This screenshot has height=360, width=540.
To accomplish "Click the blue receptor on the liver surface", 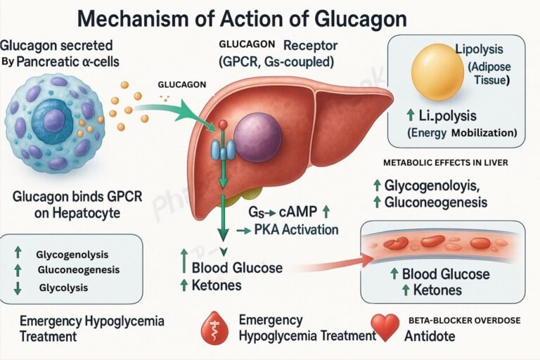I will point(223,149).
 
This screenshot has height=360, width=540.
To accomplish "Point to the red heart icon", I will point(385,327).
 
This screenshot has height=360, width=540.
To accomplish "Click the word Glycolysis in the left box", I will point(60,287).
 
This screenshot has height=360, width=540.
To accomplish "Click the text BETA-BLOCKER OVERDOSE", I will point(465,320).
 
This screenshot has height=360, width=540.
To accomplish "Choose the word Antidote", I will point(430,337).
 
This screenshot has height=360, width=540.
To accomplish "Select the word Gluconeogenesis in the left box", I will point(77,270).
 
